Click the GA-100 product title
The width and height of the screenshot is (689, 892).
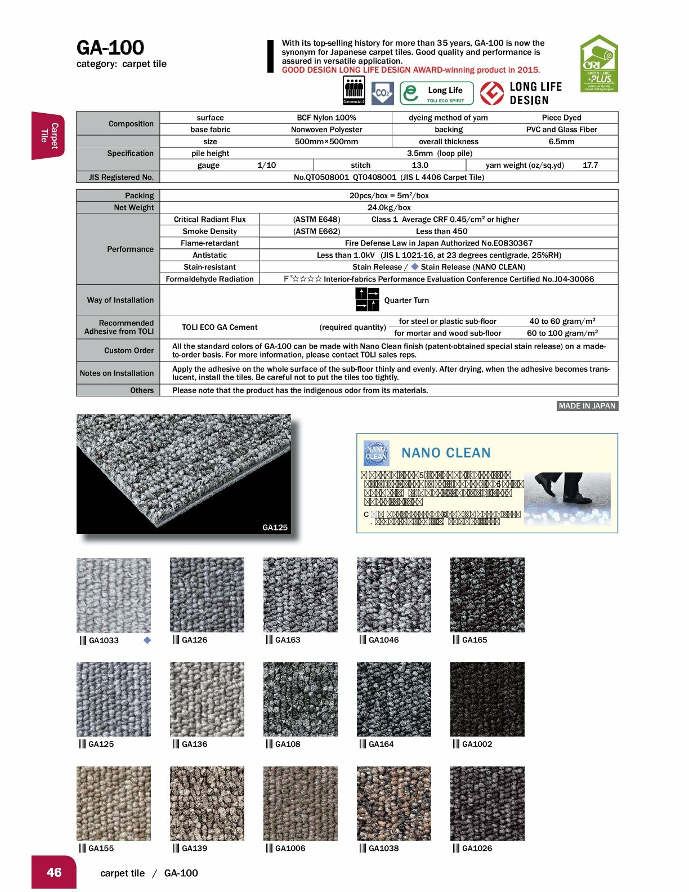click(110, 47)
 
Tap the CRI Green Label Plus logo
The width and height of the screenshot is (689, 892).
click(599, 64)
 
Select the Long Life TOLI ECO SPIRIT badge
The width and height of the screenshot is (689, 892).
click(437, 93)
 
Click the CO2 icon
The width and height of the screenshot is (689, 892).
click(383, 93)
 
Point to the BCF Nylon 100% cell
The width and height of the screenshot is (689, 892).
click(326, 118)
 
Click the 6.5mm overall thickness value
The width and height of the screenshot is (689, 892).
click(561, 141)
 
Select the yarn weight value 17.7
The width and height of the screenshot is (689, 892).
click(590, 165)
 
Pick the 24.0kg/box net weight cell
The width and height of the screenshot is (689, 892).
click(389, 207)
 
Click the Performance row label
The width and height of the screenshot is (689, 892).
click(130, 249)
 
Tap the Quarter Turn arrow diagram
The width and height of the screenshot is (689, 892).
click(367, 300)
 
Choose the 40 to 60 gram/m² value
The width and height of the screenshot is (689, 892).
click(562, 321)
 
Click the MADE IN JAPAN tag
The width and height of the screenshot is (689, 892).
click(587, 406)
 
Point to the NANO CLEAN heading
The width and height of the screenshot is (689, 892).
click(446, 453)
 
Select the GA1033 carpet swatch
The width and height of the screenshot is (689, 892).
click(114, 595)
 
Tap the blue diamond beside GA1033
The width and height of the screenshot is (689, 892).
click(147, 640)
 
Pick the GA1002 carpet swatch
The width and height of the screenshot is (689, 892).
click(487, 699)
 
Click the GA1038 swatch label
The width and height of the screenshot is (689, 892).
click(383, 848)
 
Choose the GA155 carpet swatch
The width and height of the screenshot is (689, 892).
click(114, 804)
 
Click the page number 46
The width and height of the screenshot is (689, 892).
click(54, 872)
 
